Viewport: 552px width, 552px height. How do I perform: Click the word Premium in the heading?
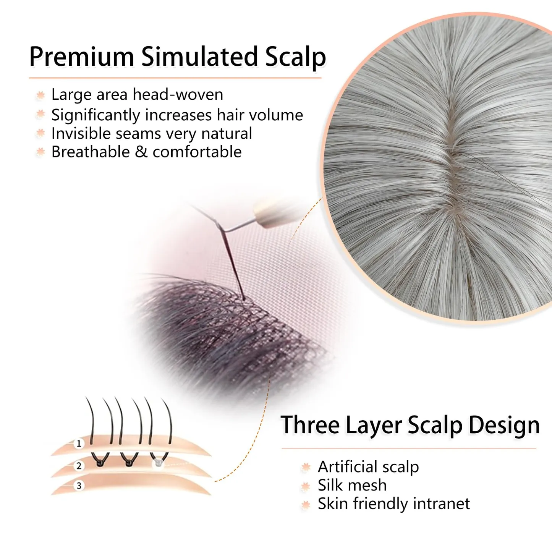pos(82,57)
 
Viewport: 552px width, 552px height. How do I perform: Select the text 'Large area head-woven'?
pos(137,94)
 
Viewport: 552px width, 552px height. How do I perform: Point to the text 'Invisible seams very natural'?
pos(152,133)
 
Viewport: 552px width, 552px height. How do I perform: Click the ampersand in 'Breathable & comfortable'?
pos(141,152)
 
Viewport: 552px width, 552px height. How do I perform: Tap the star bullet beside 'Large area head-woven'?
pos(40,95)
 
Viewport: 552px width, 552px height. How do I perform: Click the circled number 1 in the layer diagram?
pos(79,444)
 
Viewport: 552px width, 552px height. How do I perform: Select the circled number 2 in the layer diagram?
pos(79,466)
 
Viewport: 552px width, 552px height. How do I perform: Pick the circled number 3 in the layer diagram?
pos(79,486)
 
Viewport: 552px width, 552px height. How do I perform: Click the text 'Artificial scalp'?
pos(368,467)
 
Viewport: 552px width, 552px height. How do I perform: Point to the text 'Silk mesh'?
pos(352,485)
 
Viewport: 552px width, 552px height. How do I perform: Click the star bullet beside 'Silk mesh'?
pos(306,486)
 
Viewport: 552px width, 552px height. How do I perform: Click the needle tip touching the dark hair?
pos(244,299)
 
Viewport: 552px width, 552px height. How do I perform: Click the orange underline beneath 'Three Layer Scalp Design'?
pos(409,448)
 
